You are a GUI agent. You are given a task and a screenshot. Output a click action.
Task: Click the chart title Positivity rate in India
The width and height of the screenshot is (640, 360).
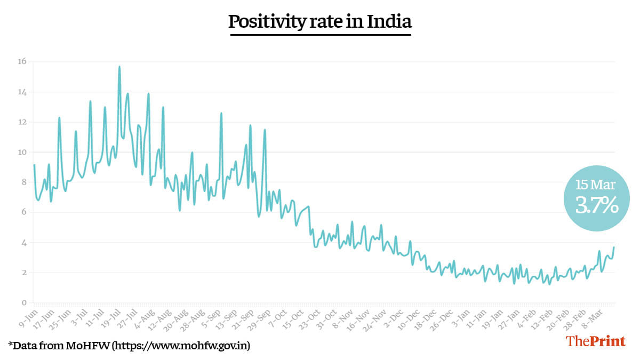(x=320, y=22)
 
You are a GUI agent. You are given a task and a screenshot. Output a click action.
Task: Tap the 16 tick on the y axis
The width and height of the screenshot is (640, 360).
(x=22, y=61)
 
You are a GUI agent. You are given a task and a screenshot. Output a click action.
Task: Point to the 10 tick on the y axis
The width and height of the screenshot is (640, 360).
(x=22, y=152)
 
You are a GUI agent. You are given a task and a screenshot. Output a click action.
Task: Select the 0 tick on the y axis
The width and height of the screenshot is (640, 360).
(x=23, y=303)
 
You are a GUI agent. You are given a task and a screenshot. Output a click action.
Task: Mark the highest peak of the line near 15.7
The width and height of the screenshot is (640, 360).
(x=119, y=67)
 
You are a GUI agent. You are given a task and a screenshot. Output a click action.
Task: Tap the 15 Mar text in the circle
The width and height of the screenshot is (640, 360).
(x=595, y=185)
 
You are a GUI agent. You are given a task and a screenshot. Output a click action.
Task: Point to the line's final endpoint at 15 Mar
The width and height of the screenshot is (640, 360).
(x=614, y=247)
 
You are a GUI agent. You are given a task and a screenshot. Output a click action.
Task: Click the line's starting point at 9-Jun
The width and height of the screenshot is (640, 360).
(x=34, y=165)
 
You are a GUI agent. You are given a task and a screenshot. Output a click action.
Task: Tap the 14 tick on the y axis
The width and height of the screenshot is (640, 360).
(x=22, y=92)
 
